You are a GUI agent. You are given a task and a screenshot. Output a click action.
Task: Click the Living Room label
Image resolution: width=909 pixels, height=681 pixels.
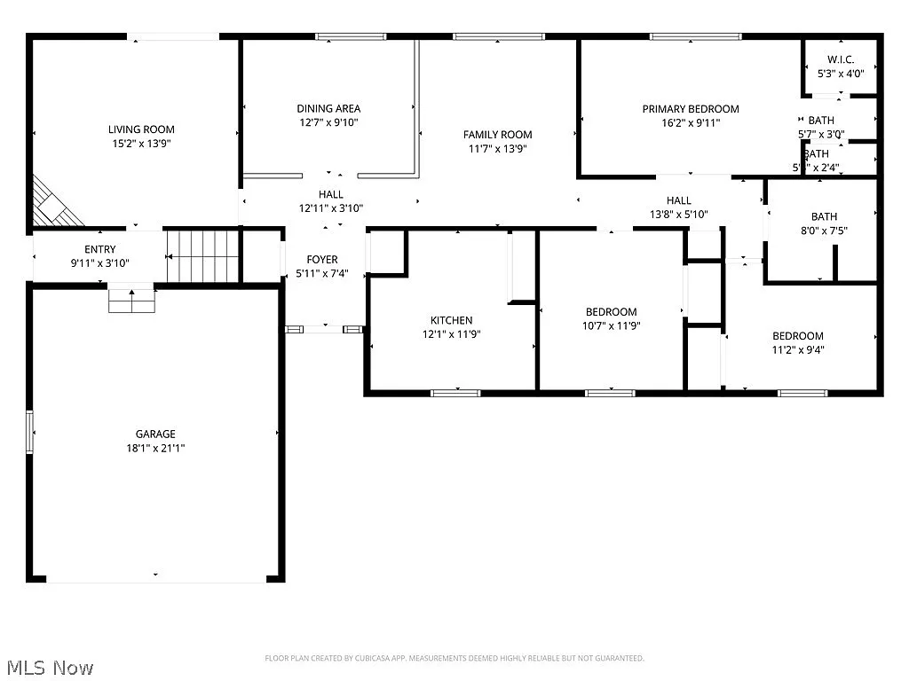tap(141, 129)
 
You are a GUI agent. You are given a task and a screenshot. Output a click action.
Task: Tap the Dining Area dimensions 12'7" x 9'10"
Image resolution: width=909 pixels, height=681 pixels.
tap(328, 123)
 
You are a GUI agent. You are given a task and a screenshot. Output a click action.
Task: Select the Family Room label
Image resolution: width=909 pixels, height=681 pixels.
tap(497, 135)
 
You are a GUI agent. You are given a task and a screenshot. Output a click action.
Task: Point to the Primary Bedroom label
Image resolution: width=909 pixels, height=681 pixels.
tap(690, 109)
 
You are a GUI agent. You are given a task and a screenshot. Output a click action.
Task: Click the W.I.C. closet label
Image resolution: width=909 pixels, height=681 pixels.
tap(841, 59)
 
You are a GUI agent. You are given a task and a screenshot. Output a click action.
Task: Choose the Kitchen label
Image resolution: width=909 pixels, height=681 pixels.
tap(451, 320)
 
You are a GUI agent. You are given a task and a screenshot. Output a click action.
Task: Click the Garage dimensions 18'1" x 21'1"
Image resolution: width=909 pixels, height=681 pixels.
tap(155, 448)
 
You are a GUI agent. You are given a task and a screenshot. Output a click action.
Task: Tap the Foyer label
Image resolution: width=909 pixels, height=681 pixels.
tap(322, 260)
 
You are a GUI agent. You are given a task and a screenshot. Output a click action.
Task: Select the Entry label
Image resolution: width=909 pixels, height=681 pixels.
tap(99, 249)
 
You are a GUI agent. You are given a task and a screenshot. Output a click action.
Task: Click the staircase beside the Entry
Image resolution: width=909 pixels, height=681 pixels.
tap(203, 255)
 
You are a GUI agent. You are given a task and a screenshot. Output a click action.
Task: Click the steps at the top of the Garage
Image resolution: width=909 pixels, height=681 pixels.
tap(131, 300)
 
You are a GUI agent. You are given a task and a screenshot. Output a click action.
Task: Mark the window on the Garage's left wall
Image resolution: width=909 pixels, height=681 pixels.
tap(30, 432)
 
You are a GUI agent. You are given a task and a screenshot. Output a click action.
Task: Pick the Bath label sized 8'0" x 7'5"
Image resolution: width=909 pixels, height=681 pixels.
tap(823, 216)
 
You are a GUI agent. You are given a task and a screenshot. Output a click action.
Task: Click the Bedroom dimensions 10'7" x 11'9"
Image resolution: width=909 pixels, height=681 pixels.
tap(611, 325)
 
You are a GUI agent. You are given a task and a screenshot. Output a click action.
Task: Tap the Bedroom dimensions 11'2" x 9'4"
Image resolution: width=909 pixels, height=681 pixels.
tap(797, 349)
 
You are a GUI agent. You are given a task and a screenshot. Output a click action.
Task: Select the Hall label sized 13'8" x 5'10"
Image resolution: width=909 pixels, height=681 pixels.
tap(678, 214)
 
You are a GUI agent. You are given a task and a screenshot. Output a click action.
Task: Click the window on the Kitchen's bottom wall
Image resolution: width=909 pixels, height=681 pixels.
tap(455, 392)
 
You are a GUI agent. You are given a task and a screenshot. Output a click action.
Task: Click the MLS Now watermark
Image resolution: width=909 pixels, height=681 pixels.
tap(49, 667)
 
